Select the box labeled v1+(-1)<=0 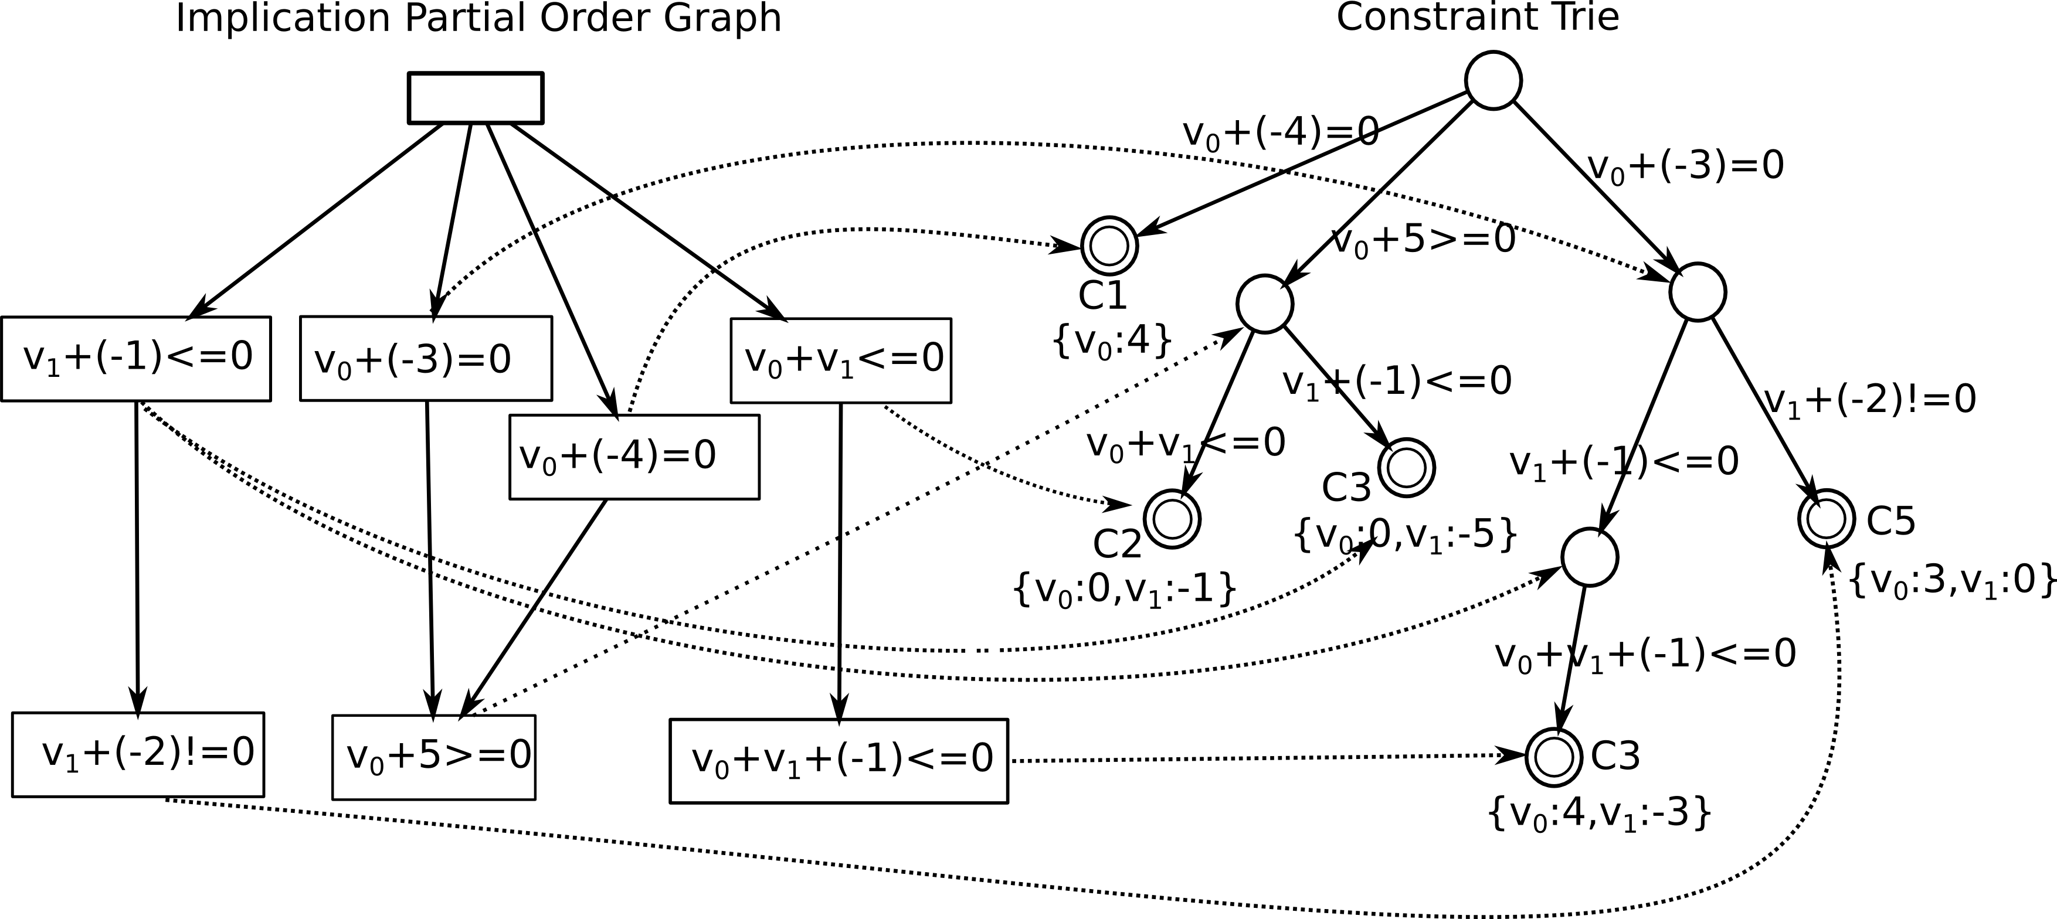coord(137,359)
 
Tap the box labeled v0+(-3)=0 coord(426,359)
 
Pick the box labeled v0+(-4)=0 coord(634,457)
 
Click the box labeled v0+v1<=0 coord(841,360)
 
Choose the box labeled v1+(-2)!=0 coord(138,754)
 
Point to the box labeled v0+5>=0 coord(433,756)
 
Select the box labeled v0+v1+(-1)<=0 coord(839,760)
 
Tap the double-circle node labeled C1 coord(1109,245)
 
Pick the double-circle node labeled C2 coord(1172,519)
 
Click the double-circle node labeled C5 coord(1826,518)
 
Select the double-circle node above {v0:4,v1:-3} coord(1553,757)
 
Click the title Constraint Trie coord(1477,18)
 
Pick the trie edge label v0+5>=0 coord(1424,239)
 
